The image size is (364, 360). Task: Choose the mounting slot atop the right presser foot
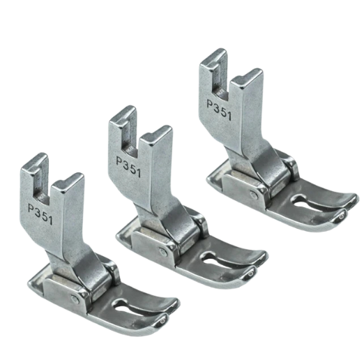[217, 73]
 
